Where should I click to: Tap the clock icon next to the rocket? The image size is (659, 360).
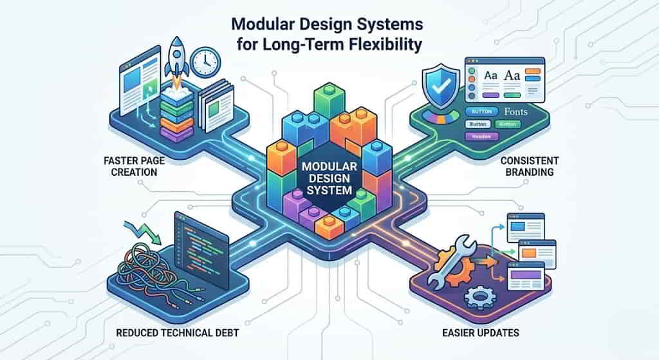pyautogui.click(x=206, y=62)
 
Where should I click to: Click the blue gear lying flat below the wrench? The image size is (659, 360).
pyautogui.click(x=479, y=297)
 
